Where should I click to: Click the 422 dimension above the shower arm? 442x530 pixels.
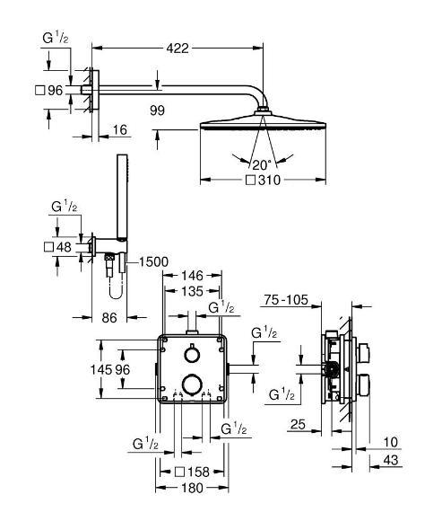pos(178,49)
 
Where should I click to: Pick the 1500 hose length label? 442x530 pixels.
pos(152,261)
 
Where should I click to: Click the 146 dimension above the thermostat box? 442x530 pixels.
pos(192,277)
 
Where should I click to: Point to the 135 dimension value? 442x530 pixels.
pos(192,291)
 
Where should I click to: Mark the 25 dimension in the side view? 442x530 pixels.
pos(299,425)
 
